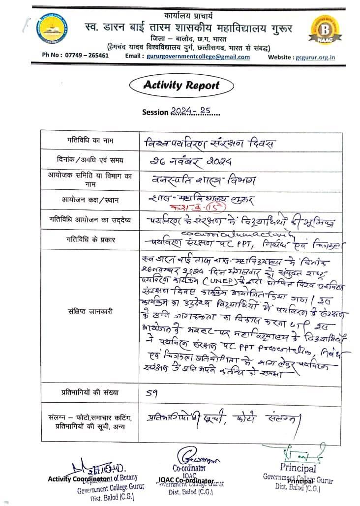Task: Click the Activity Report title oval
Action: [181, 85]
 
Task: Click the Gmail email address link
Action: [198, 57]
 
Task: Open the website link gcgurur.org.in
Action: [315, 57]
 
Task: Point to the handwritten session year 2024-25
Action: [191, 112]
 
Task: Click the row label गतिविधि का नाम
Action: [90, 141]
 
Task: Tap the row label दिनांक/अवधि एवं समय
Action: [90, 160]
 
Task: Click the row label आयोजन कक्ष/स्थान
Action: [90, 200]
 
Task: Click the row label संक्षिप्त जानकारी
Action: [90, 311]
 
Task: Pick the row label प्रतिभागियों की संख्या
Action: [90, 393]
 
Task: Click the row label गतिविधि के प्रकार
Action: [90, 239]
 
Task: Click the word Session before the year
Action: [155, 112]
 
